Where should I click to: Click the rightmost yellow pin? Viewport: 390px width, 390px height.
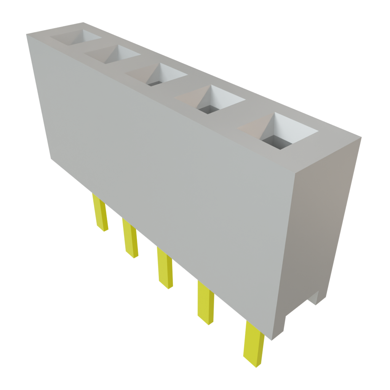254,344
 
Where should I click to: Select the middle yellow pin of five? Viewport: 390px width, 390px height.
165,268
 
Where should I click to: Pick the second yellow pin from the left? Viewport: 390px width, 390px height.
130,238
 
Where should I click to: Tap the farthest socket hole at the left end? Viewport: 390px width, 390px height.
76,37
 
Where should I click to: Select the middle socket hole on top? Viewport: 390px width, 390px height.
158,74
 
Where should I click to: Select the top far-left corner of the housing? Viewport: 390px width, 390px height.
27,34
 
